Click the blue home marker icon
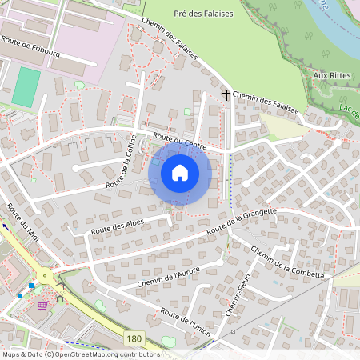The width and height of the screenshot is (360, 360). (180, 173)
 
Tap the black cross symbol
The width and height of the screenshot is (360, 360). (226, 94)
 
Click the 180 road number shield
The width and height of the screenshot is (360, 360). (135, 339)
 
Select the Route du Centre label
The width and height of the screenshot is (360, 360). (174, 142)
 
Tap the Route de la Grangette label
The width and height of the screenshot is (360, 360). (242, 222)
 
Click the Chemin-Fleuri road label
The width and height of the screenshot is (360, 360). (244, 295)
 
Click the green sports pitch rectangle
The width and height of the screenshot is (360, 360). (26, 86)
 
